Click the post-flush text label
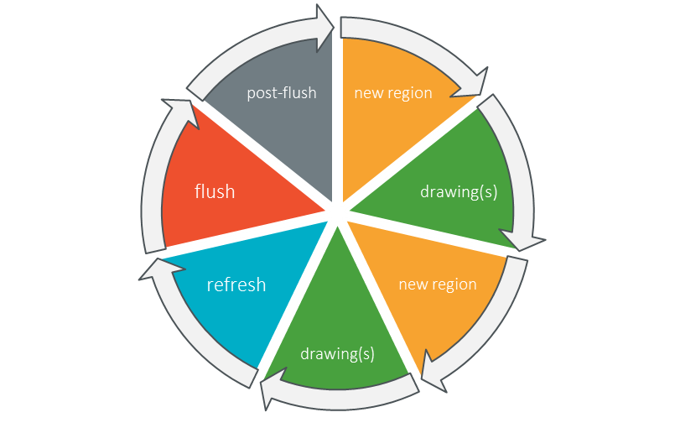282,92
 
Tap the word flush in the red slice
215,191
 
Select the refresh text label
236,284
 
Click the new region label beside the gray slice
393,92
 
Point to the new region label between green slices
438,284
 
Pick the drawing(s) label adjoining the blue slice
337,353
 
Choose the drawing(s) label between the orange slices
459,191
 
